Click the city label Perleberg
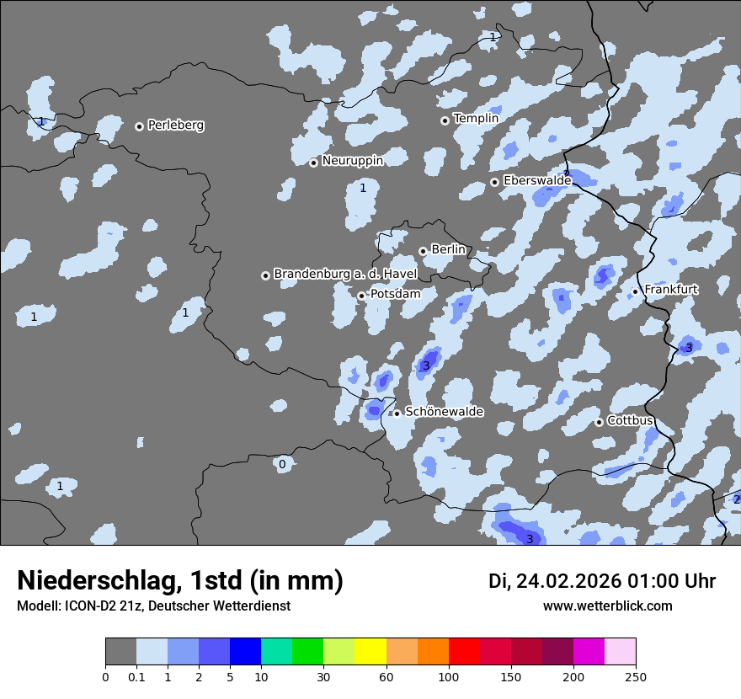[176, 125]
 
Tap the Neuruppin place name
[352, 161]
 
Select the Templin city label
[476, 119]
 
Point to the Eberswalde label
[537, 180]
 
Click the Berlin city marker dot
[423, 251]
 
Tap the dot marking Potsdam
[361, 296]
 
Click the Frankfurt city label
[670, 290]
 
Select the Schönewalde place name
[444, 412]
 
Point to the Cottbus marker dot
[599, 422]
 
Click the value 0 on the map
[282, 464]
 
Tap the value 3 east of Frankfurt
[688, 348]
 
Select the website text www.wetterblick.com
[607, 606]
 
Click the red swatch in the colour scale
[464, 652]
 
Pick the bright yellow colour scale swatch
[370, 652]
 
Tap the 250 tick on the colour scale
[636, 676]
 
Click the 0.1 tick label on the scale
[136, 676]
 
